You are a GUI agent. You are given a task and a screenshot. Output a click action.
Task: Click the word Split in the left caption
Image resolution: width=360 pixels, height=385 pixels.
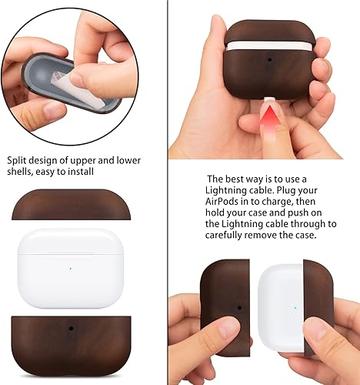click(18, 159)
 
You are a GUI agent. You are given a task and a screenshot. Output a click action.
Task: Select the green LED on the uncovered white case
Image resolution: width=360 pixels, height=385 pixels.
click(71, 268)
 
